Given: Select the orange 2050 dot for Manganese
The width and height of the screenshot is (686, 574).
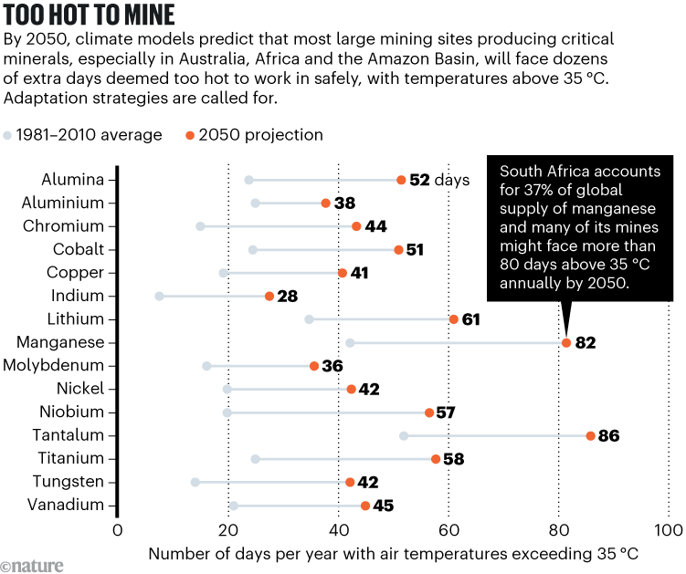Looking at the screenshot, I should click(x=566, y=343).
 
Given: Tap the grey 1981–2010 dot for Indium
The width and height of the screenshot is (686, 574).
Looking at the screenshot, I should click(x=160, y=296).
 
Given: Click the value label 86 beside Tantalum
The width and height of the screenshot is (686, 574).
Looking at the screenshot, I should click(x=609, y=436).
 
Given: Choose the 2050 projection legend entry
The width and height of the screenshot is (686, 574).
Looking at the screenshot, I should click(x=253, y=135).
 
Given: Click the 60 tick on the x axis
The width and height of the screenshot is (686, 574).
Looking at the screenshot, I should click(x=448, y=531).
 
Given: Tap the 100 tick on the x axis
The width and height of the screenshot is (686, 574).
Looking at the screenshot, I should click(x=669, y=531).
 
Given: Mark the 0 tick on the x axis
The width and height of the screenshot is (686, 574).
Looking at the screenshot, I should click(x=117, y=531).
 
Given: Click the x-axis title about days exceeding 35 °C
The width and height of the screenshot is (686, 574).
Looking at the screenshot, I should click(x=393, y=554).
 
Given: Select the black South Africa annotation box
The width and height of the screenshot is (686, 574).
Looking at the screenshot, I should click(x=578, y=229).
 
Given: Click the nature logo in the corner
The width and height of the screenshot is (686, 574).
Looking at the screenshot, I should click(x=33, y=565).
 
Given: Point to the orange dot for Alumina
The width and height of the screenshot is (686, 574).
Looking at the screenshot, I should click(x=401, y=181).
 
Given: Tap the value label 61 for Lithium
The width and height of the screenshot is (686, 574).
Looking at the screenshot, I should click(x=471, y=319).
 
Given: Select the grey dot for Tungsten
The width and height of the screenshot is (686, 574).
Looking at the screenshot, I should click(x=195, y=482).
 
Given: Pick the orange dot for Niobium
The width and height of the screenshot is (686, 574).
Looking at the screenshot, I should click(x=429, y=412).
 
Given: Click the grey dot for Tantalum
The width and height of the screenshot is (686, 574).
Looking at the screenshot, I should click(x=404, y=436).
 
